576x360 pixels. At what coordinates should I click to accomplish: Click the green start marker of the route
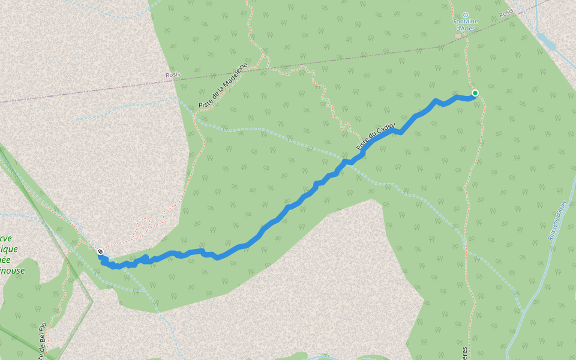click(x=475, y=92)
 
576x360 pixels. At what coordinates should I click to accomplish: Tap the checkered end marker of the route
click(x=100, y=251)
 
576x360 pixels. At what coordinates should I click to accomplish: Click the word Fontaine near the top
click(x=465, y=22)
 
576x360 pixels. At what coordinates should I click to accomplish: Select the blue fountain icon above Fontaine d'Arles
click(x=465, y=14)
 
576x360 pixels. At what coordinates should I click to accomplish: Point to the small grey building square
click(x=458, y=36)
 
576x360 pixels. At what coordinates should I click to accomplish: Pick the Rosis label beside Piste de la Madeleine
click(x=173, y=75)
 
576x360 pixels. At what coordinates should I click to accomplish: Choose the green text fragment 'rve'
click(x=6, y=238)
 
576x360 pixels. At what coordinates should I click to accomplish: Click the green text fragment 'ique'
click(x=9, y=249)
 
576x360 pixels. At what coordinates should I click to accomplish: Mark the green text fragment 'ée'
click(x=6, y=260)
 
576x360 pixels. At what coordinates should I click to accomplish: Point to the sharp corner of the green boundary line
click(x=92, y=298)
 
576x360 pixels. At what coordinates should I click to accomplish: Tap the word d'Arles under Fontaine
click(x=465, y=28)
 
